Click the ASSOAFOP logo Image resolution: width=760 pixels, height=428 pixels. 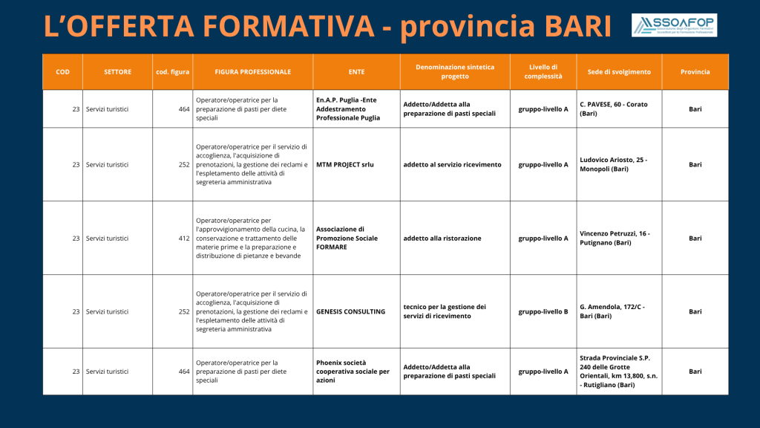pos(674,25)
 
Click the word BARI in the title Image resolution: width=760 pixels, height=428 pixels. pos(577,26)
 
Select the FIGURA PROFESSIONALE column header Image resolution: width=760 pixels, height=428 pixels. pos(253,72)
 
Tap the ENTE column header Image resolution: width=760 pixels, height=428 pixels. pos(357,72)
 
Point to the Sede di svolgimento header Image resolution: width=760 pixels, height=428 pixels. pos(620,72)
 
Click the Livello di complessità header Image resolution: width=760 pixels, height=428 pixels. pos(543,72)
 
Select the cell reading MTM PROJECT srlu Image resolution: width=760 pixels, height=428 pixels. pos(357,164)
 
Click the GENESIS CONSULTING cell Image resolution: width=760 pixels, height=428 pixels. pos(357,311)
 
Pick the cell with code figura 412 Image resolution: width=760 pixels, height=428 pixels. pos(172,239)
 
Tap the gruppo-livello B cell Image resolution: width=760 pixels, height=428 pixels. pos(543,311)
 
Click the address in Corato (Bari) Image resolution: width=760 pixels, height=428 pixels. pos(620,108)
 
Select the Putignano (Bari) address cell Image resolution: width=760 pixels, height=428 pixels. pos(620,239)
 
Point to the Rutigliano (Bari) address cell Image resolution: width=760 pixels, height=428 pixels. pos(620,372)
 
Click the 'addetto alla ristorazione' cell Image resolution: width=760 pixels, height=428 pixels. pos(455,239)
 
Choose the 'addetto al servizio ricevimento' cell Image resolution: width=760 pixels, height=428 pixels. pos(455,164)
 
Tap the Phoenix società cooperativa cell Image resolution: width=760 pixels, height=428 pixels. pos(357,372)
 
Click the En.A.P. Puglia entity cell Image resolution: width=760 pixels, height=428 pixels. pos(357,108)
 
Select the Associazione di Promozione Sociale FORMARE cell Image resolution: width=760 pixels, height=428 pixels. pos(357,239)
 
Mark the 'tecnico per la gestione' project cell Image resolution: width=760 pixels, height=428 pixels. pos(455,311)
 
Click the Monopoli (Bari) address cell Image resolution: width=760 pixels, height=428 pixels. pos(620,164)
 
